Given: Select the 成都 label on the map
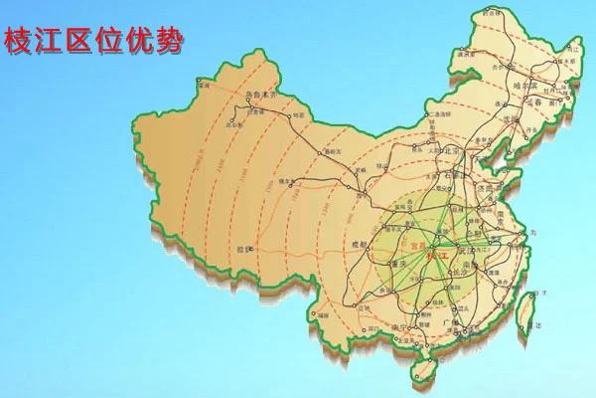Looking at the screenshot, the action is coord(360,244).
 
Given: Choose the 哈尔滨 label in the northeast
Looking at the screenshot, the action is coord(523,86).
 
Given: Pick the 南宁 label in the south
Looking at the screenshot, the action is coord(399,327).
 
